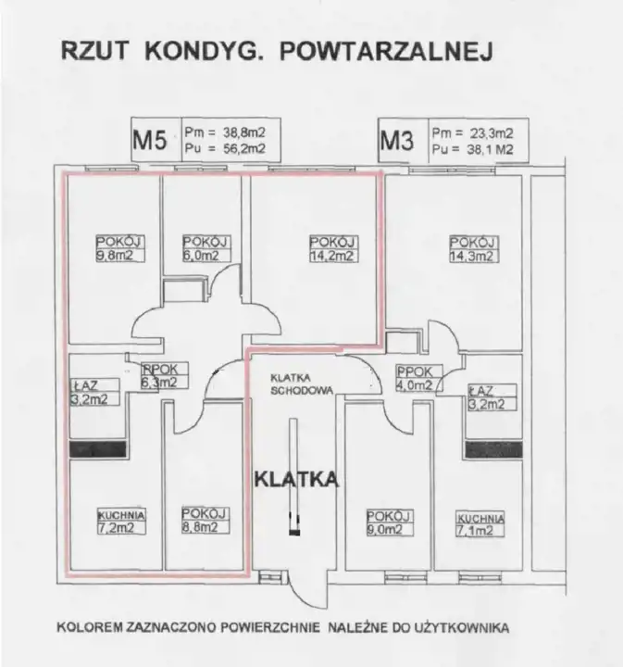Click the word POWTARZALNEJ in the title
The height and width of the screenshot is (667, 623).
[x=386, y=52]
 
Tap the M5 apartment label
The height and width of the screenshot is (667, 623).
[x=150, y=140]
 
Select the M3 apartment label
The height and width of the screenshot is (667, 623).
[x=396, y=141]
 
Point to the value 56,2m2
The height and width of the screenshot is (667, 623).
[x=244, y=148]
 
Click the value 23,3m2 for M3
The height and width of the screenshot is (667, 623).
[x=492, y=133]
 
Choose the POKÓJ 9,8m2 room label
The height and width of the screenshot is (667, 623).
[x=120, y=248]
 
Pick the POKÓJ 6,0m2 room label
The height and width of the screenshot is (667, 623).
[x=206, y=248]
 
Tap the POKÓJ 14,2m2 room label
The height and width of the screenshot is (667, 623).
[x=333, y=248]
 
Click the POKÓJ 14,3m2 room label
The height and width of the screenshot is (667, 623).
[x=473, y=249]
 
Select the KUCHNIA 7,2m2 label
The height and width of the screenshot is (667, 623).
[x=121, y=522]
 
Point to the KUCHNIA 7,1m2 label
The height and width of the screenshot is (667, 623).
[x=480, y=524]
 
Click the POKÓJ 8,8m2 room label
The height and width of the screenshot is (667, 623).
[x=206, y=521]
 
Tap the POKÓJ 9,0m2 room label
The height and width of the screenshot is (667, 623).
[x=390, y=522]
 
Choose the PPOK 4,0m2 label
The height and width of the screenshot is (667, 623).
[x=419, y=378]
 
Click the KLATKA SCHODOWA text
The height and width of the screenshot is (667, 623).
[x=301, y=384]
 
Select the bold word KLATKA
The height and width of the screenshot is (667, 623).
[x=296, y=480]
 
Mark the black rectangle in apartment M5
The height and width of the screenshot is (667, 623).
[x=98, y=449]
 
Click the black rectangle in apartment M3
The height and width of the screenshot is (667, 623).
[x=493, y=449]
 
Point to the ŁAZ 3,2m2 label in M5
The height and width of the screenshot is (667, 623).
[x=94, y=392]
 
